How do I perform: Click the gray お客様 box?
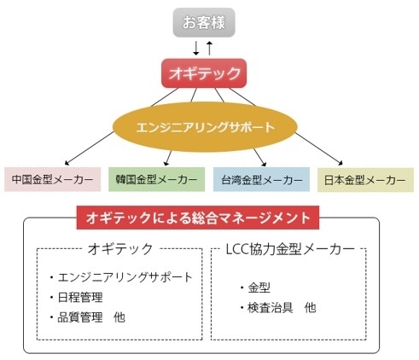[204, 22]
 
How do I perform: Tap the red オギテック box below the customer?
[204, 73]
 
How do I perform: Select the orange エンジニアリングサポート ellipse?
[205, 127]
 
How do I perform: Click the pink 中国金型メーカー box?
[53, 179]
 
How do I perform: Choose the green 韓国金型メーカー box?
[157, 179]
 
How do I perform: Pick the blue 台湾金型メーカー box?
[261, 179]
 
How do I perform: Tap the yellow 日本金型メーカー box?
[365, 180]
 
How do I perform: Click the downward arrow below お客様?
[196, 48]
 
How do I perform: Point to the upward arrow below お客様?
[210, 48]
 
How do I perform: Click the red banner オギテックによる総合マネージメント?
[198, 218]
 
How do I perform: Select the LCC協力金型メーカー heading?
[290, 249]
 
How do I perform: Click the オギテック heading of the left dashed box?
[120, 249]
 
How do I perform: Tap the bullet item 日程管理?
[80, 298]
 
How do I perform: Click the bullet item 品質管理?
[80, 317]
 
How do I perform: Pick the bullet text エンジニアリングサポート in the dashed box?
[125, 277]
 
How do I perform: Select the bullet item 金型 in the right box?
[259, 287]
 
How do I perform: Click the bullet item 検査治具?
[271, 308]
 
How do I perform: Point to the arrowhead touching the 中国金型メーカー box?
[67, 163]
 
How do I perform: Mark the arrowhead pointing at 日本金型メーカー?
[340, 163]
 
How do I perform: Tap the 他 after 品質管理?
[119, 317]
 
